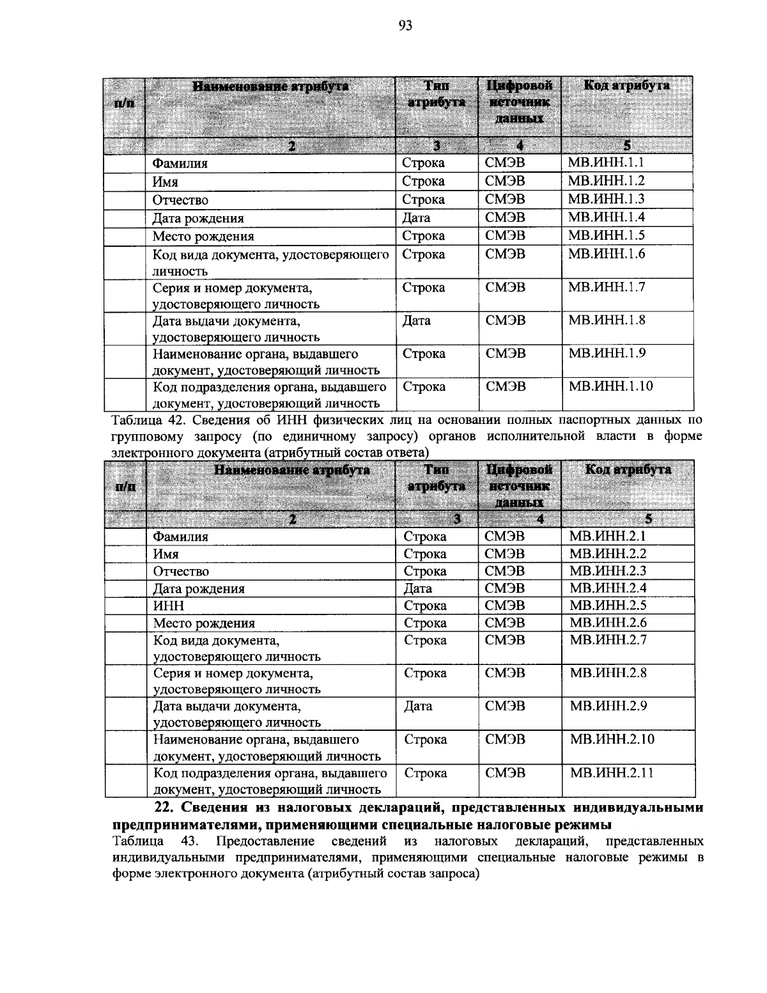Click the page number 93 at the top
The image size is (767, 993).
pyautogui.click(x=405, y=26)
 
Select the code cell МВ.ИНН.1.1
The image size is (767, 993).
pyautogui.click(x=606, y=162)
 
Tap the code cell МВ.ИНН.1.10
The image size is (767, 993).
pyautogui.click(x=610, y=386)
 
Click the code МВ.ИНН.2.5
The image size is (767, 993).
pyautogui.click(x=607, y=605)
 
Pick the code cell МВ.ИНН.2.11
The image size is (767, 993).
pyautogui.click(x=611, y=773)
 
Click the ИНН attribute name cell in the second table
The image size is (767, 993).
pyautogui.click(x=169, y=606)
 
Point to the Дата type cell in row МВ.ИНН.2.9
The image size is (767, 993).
pyautogui.click(x=418, y=706)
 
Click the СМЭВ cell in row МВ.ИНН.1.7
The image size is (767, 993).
pyautogui.click(x=505, y=287)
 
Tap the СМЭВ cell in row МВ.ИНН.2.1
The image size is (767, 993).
pyautogui.click(x=505, y=536)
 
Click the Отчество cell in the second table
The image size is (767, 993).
pyautogui.click(x=181, y=571)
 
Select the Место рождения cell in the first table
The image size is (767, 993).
pyautogui.click(x=203, y=236)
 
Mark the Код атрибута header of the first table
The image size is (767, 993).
pyautogui.click(x=626, y=86)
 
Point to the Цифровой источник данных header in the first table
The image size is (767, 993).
pyautogui.click(x=519, y=102)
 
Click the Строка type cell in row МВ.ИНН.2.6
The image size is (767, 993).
pyautogui.click(x=425, y=623)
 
